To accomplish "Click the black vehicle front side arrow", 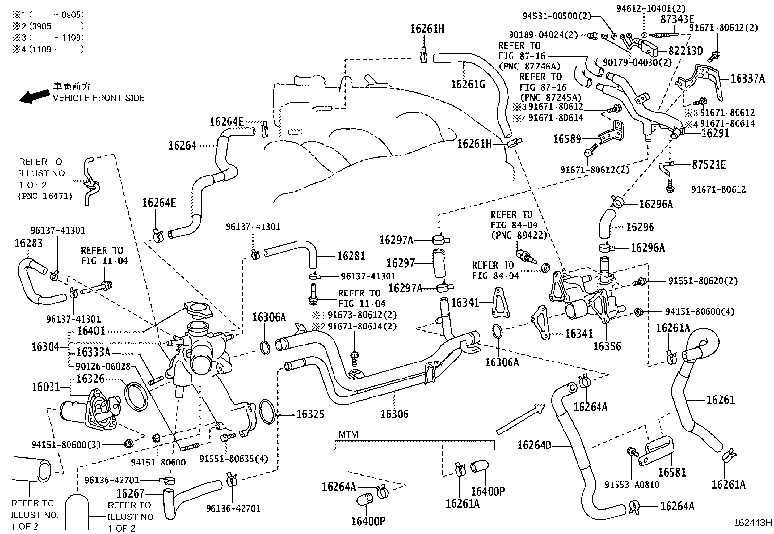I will [34, 96].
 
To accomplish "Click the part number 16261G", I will [468, 84].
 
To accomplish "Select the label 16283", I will [28, 243].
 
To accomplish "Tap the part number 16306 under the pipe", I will [394, 414].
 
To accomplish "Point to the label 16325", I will [310, 414].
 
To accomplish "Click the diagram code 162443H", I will [753, 523].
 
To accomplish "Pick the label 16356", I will [607, 346].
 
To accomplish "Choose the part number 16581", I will [672, 472].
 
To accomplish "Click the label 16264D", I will [534, 445].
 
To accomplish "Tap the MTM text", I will [348, 434].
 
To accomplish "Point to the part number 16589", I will [567, 139].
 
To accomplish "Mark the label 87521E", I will [709, 165].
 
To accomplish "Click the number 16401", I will [91, 331].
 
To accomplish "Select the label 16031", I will [45, 387].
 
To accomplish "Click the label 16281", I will [351, 256].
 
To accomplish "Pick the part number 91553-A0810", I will [632, 485].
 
